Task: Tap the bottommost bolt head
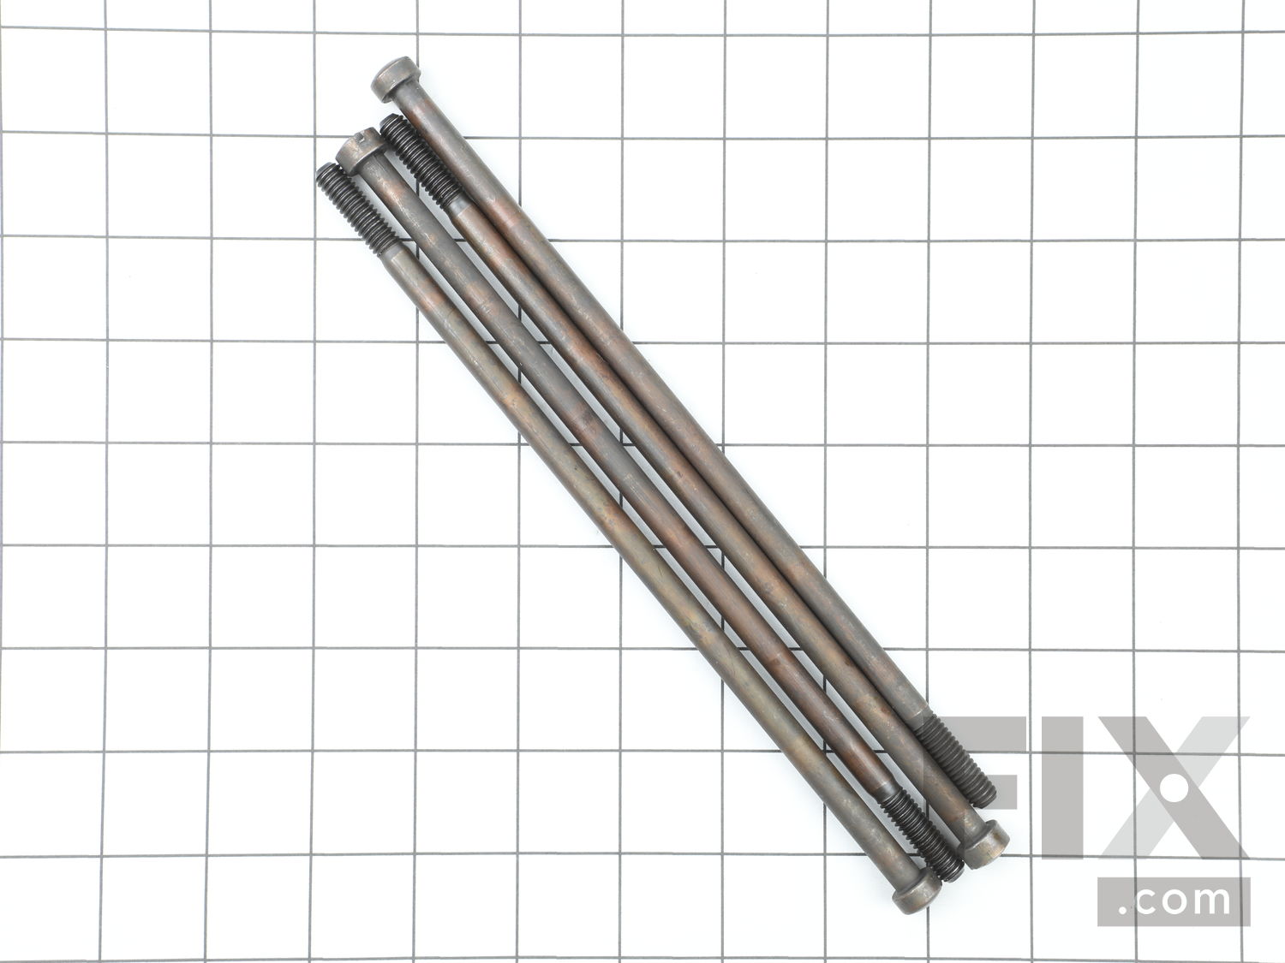(917, 891)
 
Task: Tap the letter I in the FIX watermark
(1062, 788)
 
